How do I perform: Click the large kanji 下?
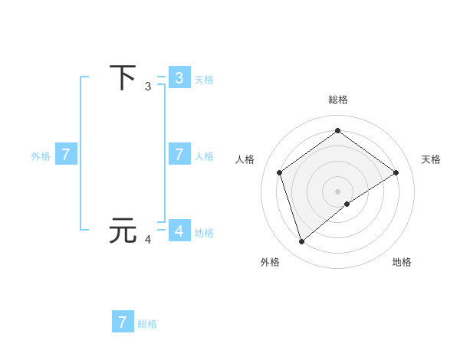click(x=123, y=78)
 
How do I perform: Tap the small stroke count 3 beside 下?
click(x=148, y=87)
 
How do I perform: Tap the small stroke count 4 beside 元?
click(x=148, y=240)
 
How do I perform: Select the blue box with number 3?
click(x=179, y=78)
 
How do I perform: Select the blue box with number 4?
click(x=179, y=230)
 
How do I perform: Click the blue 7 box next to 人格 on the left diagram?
click(x=179, y=154)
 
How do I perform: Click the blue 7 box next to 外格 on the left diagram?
click(x=66, y=154)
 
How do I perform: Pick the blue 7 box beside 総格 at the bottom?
click(x=123, y=322)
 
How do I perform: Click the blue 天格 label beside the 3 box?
click(x=204, y=79)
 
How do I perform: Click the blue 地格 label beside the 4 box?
click(x=204, y=233)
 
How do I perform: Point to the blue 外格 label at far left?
click(x=41, y=156)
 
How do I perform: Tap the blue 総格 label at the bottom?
click(x=147, y=324)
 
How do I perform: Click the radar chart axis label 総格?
click(x=338, y=100)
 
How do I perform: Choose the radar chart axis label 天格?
click(x=431, y=159)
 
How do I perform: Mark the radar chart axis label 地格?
click(x=402, y=262)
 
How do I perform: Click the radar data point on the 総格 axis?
click(x=337, y=131)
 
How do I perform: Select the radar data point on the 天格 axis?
click(x=396, y=172)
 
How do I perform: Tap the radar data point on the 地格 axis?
click(x=347, y=204)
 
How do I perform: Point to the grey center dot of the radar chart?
click(x=337, y=191)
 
